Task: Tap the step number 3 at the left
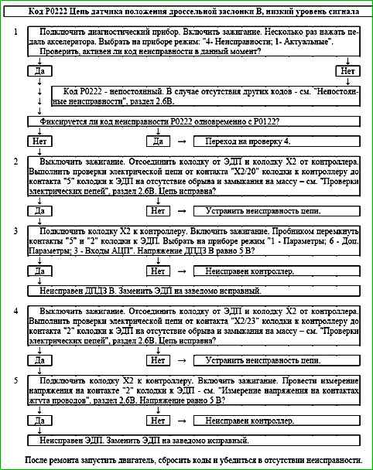click(x=16, y=230)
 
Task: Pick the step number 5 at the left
click(x=16, y=380)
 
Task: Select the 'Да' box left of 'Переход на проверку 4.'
click(x=158, y=142)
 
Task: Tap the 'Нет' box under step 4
click(x=158, y=360)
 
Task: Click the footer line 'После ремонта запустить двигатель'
click(x=193, y=460)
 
